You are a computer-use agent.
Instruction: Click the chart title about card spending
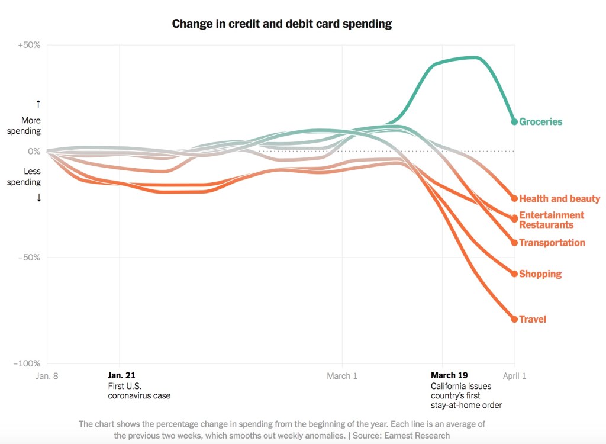click(282, 24)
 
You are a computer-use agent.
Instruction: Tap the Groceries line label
click(540, 122)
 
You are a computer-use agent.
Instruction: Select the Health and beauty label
click(559, 199)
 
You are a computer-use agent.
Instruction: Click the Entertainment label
click(551, 215)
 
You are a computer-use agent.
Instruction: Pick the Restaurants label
click(546, 225)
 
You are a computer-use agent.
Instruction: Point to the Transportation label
click(552, 243)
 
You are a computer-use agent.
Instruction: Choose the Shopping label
click(540, 274)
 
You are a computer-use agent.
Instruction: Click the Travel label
click(532, 320)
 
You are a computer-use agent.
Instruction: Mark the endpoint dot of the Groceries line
click(514, 121)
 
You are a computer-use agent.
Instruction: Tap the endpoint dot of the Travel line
click(514, 320)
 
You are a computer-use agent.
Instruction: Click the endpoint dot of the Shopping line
click(514, 274)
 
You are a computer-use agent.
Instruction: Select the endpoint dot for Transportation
click(514, 243)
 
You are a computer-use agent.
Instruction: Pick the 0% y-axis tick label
click(33, 152)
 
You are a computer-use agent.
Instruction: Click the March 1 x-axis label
click(342, 375)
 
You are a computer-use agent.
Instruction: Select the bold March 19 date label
click(449, 375)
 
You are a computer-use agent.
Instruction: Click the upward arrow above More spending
click(38, 104)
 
